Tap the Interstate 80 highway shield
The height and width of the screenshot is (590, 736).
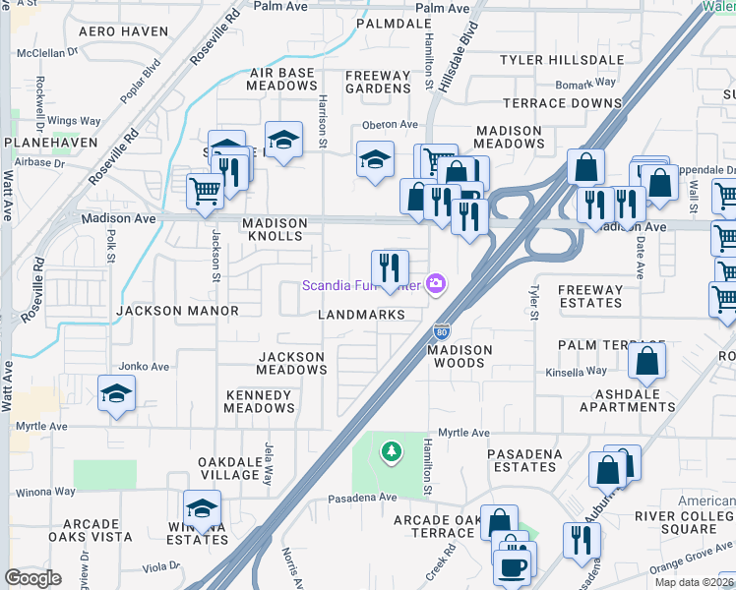442,333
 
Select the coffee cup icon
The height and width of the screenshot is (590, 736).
512,566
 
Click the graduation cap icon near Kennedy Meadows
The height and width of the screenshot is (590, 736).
116,394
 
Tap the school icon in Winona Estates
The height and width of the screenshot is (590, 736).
202,508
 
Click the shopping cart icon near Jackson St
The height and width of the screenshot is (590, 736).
206,190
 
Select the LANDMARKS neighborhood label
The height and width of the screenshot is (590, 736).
362,315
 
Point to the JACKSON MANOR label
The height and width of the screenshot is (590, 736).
177,311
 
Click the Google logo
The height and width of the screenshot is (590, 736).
32,577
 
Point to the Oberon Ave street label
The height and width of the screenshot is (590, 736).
391,125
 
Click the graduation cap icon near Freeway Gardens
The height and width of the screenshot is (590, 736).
375,159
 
